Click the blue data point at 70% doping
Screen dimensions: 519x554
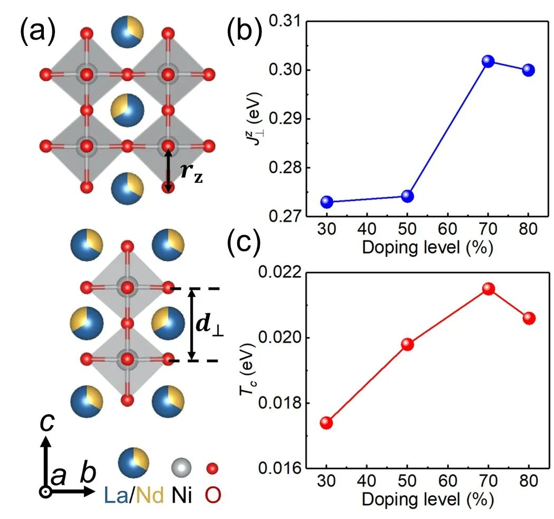click(x=488, y=61)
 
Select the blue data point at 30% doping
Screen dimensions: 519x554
click(x=327, y=201)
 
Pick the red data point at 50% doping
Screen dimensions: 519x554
click(x=407, y=344)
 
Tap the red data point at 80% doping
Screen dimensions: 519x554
click(x=529, y=318)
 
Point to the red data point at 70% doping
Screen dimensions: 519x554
click(x=488, y=289)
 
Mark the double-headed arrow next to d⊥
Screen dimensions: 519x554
click(x=192, y=324)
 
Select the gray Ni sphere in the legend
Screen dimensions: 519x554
click(x=182, y=468)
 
